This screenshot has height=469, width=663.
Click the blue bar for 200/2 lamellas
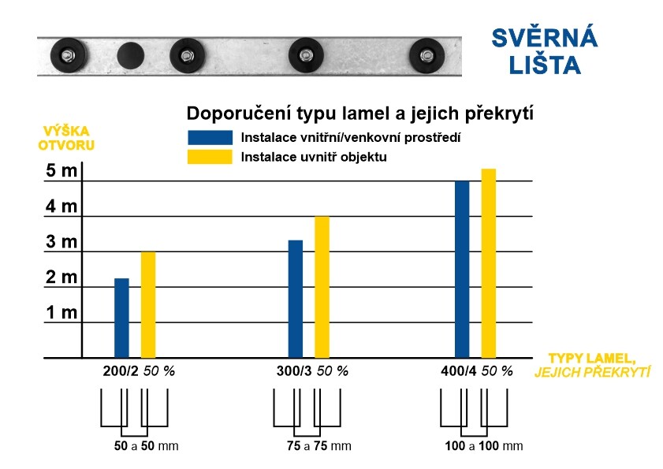[x=121, y=318]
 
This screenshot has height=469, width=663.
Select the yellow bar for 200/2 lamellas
[x=148, y=304]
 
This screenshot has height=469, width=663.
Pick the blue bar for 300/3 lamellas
[x=296, y=299]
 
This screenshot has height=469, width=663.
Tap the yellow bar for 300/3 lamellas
[x=322, y=287]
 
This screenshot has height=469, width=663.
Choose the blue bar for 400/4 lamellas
[x=462, y=270]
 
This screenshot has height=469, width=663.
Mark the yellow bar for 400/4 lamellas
[x=489, y=263]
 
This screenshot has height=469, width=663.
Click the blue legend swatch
[x=210, y=137]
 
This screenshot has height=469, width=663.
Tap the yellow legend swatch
[x=210, y=157]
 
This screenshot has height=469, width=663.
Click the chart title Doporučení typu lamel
[x=359, y=113]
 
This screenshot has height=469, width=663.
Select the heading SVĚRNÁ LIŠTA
[x=544, y=51]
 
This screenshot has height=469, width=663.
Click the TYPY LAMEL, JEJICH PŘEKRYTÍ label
[x=592, y=364]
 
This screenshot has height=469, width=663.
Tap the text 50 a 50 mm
[x=147, y=446]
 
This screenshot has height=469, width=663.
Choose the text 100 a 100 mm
[x=483, y=446]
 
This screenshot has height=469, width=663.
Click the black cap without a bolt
[x=130, y=55]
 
